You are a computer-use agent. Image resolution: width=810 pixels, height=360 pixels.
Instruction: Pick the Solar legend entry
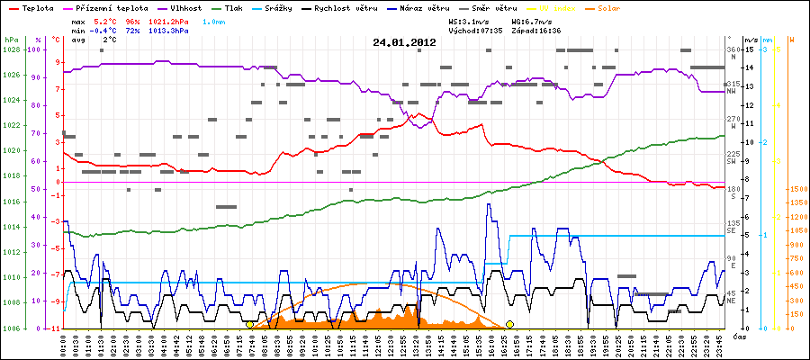[621, 7]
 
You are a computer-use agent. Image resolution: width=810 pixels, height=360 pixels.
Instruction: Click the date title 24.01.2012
[404, 42]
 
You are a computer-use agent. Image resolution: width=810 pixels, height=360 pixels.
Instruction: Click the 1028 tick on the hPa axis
[12, 49]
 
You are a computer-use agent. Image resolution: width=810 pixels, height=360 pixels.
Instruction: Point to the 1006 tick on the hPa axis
[12, 328]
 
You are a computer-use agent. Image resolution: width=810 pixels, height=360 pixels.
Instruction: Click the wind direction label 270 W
[733, 122]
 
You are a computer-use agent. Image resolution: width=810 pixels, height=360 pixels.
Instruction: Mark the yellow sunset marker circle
[509, 324]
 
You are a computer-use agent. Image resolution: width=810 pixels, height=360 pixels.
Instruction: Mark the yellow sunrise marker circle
[249, 324]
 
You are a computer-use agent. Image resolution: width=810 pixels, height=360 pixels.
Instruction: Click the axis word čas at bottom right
[738, 336]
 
